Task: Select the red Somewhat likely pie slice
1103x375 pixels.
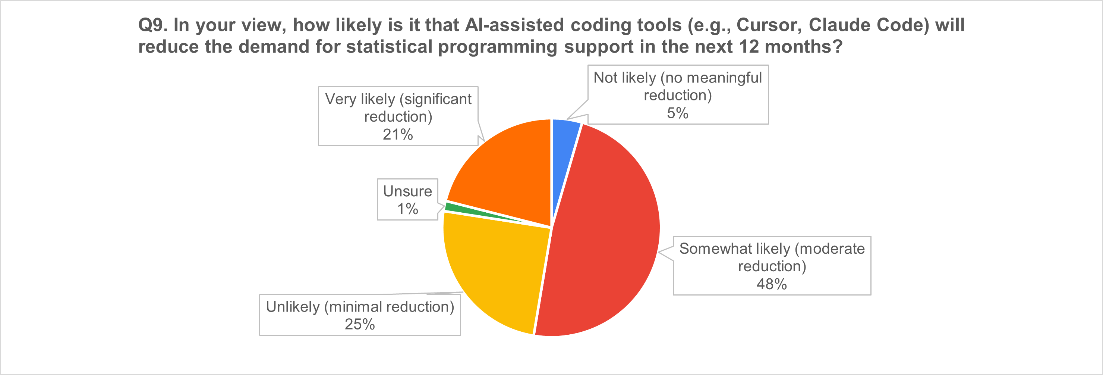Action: pyautogui.click(x=608, y=240)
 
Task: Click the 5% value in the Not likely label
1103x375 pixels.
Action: pyautogui.click(x=677, y=113)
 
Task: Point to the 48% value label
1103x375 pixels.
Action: pyautogui.click(x=772, y=284)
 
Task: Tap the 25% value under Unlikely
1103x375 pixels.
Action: pyautogui.click(x=360, y=324)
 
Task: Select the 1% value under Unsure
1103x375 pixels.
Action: pyautogui.click(x=407, y=209)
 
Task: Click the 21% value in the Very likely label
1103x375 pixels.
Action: pyautogui.click(x=398, y=135)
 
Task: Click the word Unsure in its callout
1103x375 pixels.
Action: pyautogui.click(x=407, y=191)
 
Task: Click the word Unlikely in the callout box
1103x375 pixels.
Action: pyautogui.click(x=293, y=307)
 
